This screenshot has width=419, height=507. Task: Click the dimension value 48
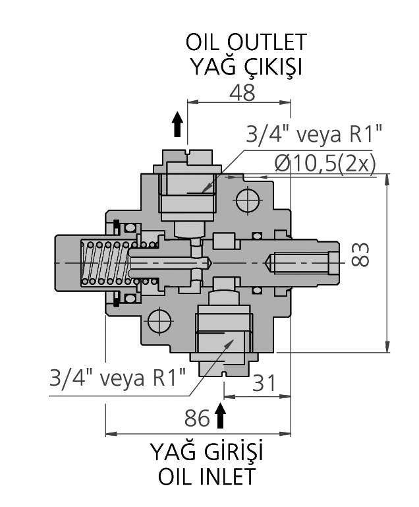click(242, 93)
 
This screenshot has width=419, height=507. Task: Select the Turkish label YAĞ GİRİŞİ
click(206, 453)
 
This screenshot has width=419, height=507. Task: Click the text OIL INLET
click(206, 477)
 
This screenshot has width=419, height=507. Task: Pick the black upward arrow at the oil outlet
click(177, 123)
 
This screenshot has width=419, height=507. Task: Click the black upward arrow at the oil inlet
click(220, 417)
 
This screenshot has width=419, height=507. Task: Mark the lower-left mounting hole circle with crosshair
click(159, 321)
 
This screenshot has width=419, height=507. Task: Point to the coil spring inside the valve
click(106, 263)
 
